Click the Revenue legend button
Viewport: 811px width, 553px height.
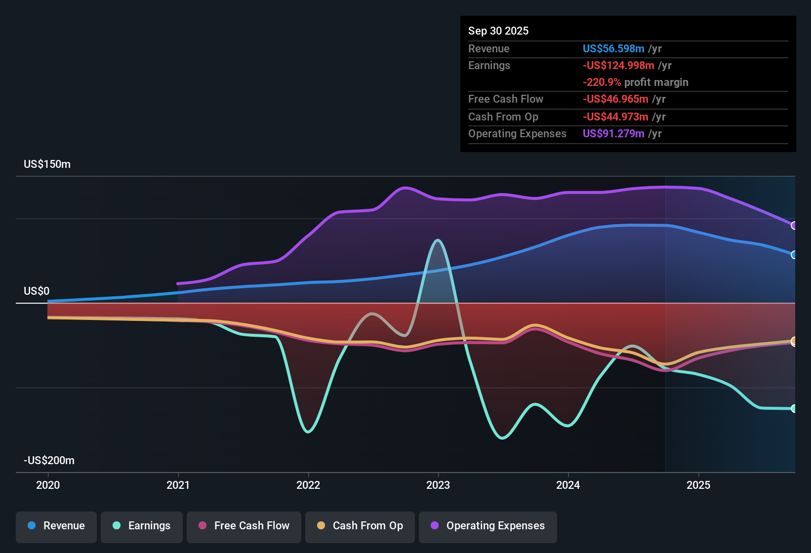click(56, 526)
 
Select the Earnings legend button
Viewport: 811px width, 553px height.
click(142, 526)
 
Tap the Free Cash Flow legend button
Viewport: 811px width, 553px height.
click(244, 526)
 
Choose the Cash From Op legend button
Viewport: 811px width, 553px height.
click(360, 526)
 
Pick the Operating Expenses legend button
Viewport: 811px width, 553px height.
click(488, 526)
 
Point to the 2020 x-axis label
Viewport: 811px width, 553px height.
click(48, 485)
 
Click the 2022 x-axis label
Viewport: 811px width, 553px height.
click(308, 485)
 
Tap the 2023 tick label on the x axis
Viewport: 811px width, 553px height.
click(438, 485)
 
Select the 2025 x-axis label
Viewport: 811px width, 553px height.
click(698, 485)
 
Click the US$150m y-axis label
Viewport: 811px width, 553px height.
click(47, 164)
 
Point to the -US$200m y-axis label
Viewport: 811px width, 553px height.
click(49, 461)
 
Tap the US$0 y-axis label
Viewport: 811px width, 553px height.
click(37, 291)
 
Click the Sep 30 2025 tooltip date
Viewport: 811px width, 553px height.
click(498, 31)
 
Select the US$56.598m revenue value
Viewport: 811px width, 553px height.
click(613, 49)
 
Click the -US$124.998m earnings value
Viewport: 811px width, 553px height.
click(618, 66)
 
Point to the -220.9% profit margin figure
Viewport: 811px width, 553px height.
click(602, 82)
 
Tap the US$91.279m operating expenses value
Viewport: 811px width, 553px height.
click(613, 134)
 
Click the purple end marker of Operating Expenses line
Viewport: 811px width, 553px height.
click(794, 226)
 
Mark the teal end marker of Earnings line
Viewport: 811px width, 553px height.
click(794, 408)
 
